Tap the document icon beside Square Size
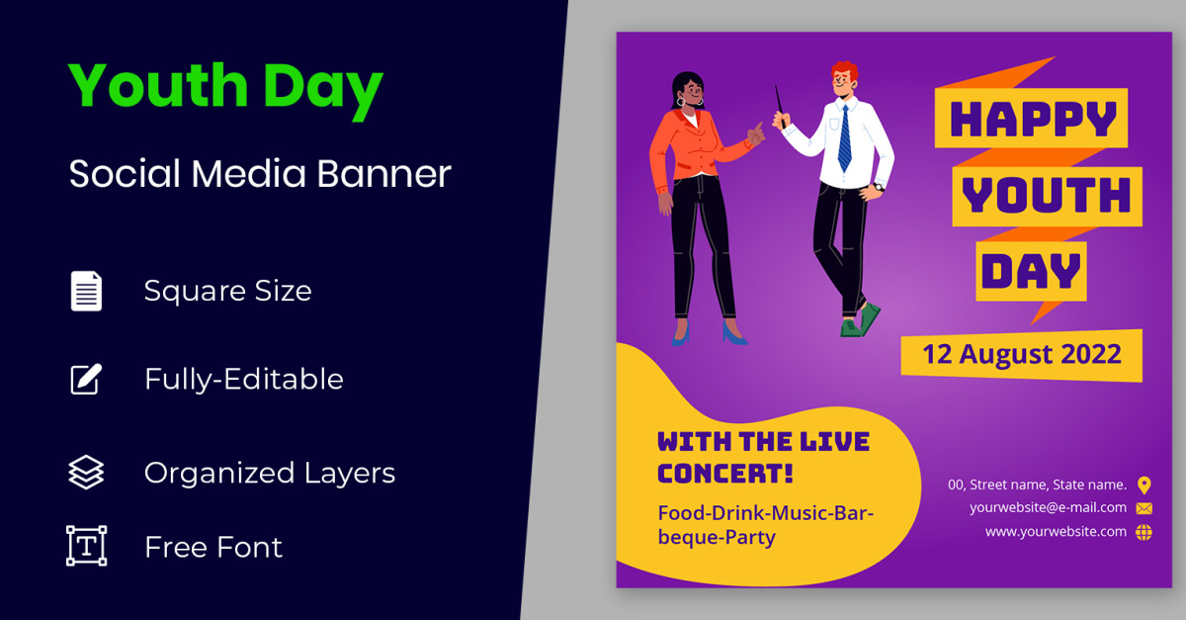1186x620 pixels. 86,291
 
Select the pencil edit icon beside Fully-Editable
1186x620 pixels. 86,379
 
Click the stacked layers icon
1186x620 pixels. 86,472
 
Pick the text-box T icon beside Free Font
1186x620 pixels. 86,546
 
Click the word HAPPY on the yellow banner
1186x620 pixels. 1033,119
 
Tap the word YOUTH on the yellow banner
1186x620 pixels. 1047,195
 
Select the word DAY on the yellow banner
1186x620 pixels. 1031,271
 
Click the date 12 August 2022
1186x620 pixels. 1022,354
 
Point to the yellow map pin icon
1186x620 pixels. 1144,486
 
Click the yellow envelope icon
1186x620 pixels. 1144,508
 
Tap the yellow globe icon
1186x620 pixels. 1144,532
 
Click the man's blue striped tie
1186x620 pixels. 845,138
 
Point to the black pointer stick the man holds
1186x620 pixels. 781,107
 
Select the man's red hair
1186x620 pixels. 845,70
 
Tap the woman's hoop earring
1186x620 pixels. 680,101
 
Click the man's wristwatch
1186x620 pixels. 880,187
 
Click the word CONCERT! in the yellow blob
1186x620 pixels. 725,474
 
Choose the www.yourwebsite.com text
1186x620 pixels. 1056,532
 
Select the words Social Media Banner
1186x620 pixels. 260,174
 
